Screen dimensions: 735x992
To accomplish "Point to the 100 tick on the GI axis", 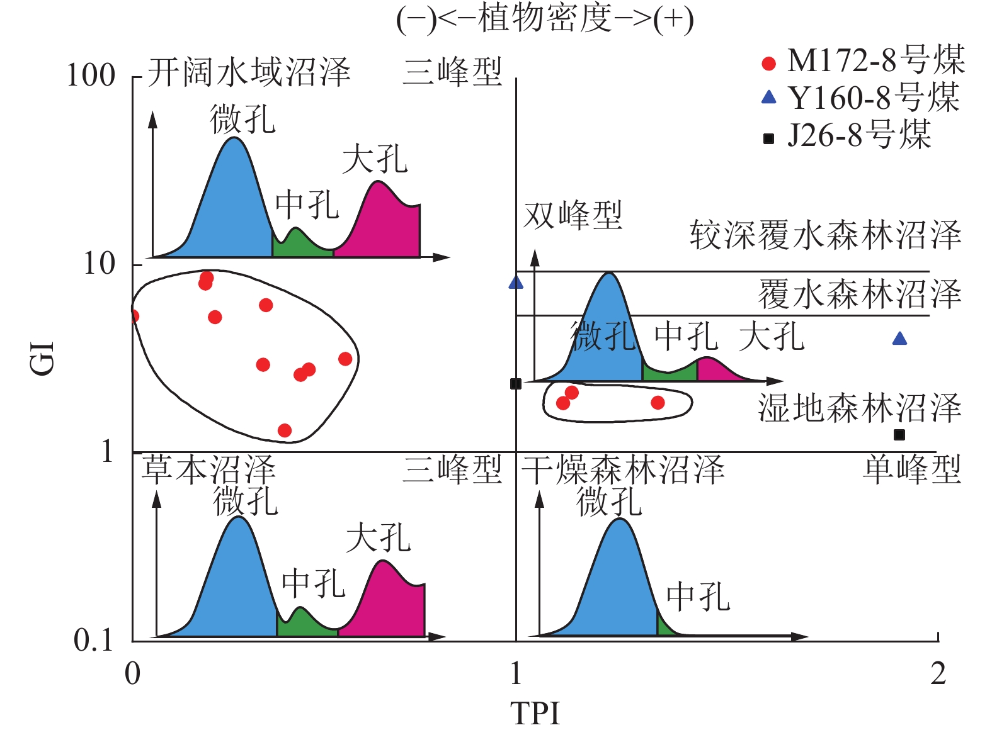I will pyautogui.click(x=91, y=75).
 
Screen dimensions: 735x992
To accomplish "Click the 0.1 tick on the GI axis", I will pyautogui.click(x=93, y=641).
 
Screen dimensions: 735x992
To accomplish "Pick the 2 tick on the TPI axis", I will pyautogui.click(x=938, y=674).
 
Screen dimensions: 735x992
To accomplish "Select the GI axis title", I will pyautogui.click(x=43, y=359).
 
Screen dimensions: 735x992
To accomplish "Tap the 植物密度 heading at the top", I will pyautogui.click(x=545, y=19).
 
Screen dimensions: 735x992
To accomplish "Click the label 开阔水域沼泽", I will pyautogui.click(x=249, y=72).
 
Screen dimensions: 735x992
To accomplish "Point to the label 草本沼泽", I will pyautogui.click(x=208, y=469).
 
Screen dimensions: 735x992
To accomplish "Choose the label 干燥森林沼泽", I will pyautogui.click(x=624, y=469).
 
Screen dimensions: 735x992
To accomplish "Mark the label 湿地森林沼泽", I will pyautogui.click(x=859, y=408).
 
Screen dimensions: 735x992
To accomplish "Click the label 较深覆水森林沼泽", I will pyautogui.click(x=825, y=235).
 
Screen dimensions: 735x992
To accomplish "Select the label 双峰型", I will pyautogui.click(x=573, y=215).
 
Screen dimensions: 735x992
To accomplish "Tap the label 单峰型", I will pyautogui.click(x=912, y=469).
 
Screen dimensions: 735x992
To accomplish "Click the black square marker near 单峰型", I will pyautogui.click(x=899, y=435).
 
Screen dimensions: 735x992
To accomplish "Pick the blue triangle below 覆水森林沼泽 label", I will pyautogui.click(x=899, y=339).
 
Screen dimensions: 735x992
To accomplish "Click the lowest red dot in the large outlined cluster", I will pyautogui.click(x=285, y=430).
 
